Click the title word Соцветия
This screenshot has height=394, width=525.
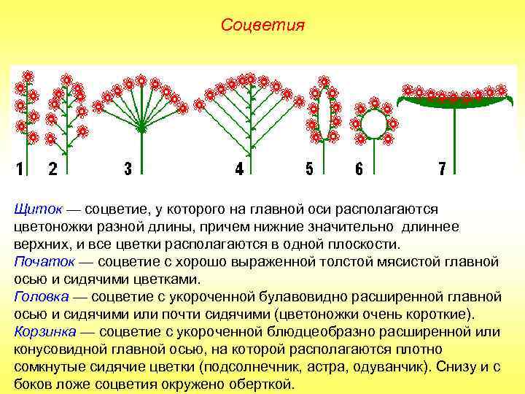pyautogui.click(x=262, y=26)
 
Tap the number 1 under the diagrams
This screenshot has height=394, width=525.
pyautogui.click(x=20, y=169)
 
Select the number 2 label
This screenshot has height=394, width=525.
pyautogui.click(x=52, y=169)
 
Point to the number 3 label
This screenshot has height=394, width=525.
pyautogui.click(x=128, y=169)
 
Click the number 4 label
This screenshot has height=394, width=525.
pyautogui.click(x=239, y=169)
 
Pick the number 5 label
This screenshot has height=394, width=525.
pyautogui.click(x=309, y=169)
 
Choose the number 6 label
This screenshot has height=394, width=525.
pyautogui.click(x=359, y=169)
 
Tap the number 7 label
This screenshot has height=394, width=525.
pyautogui.click(x=442, y=169)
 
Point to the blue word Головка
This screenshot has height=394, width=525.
pyautogui.click(x=41, y=297)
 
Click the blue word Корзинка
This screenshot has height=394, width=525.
pyautogui.click(x=45, y=332)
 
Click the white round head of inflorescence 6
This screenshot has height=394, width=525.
pyautogui.click(x=374, y=123)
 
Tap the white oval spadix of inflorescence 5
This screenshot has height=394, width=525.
pyautogui.click(x=324, y=110)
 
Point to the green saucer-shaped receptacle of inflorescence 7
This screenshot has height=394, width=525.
pyautogui.click(x=454, y=104)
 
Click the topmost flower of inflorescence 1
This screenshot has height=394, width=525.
pyautogui.click(x=28, y=76)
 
